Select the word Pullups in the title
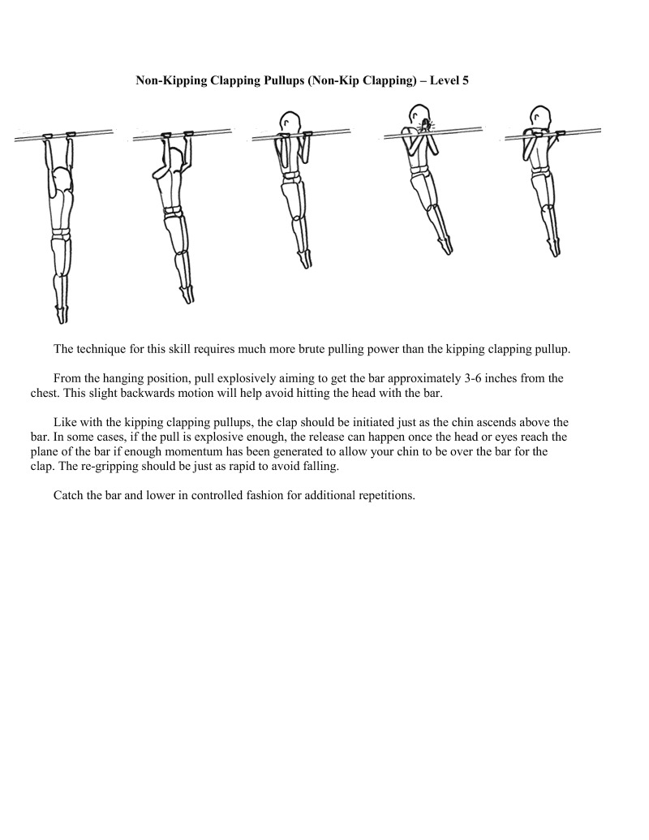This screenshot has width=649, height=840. pos(273,81)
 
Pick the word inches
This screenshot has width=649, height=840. pos(511,378)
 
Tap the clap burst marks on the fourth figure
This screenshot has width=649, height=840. pos(424,126)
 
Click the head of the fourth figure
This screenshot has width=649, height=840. pos(417,113)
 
